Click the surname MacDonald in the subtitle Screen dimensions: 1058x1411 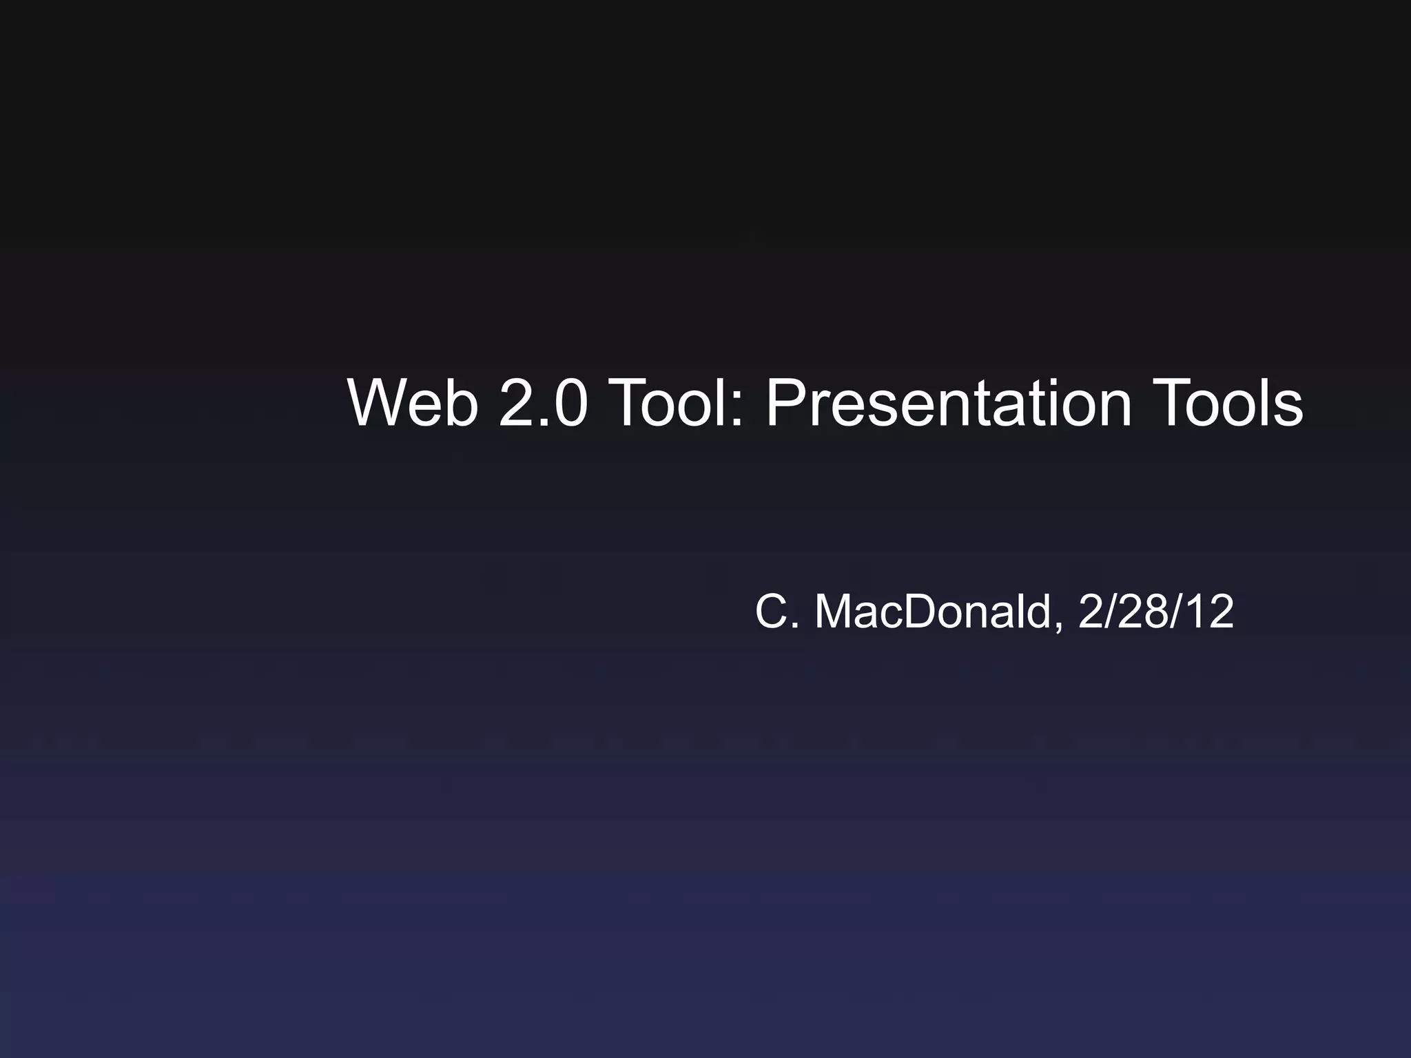point(934,612)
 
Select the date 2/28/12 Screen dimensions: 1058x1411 point(1155,612)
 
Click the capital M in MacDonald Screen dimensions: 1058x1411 point(834,612)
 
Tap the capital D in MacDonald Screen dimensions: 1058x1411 point(920,612)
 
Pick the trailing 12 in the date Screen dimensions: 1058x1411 point(1210,612)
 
